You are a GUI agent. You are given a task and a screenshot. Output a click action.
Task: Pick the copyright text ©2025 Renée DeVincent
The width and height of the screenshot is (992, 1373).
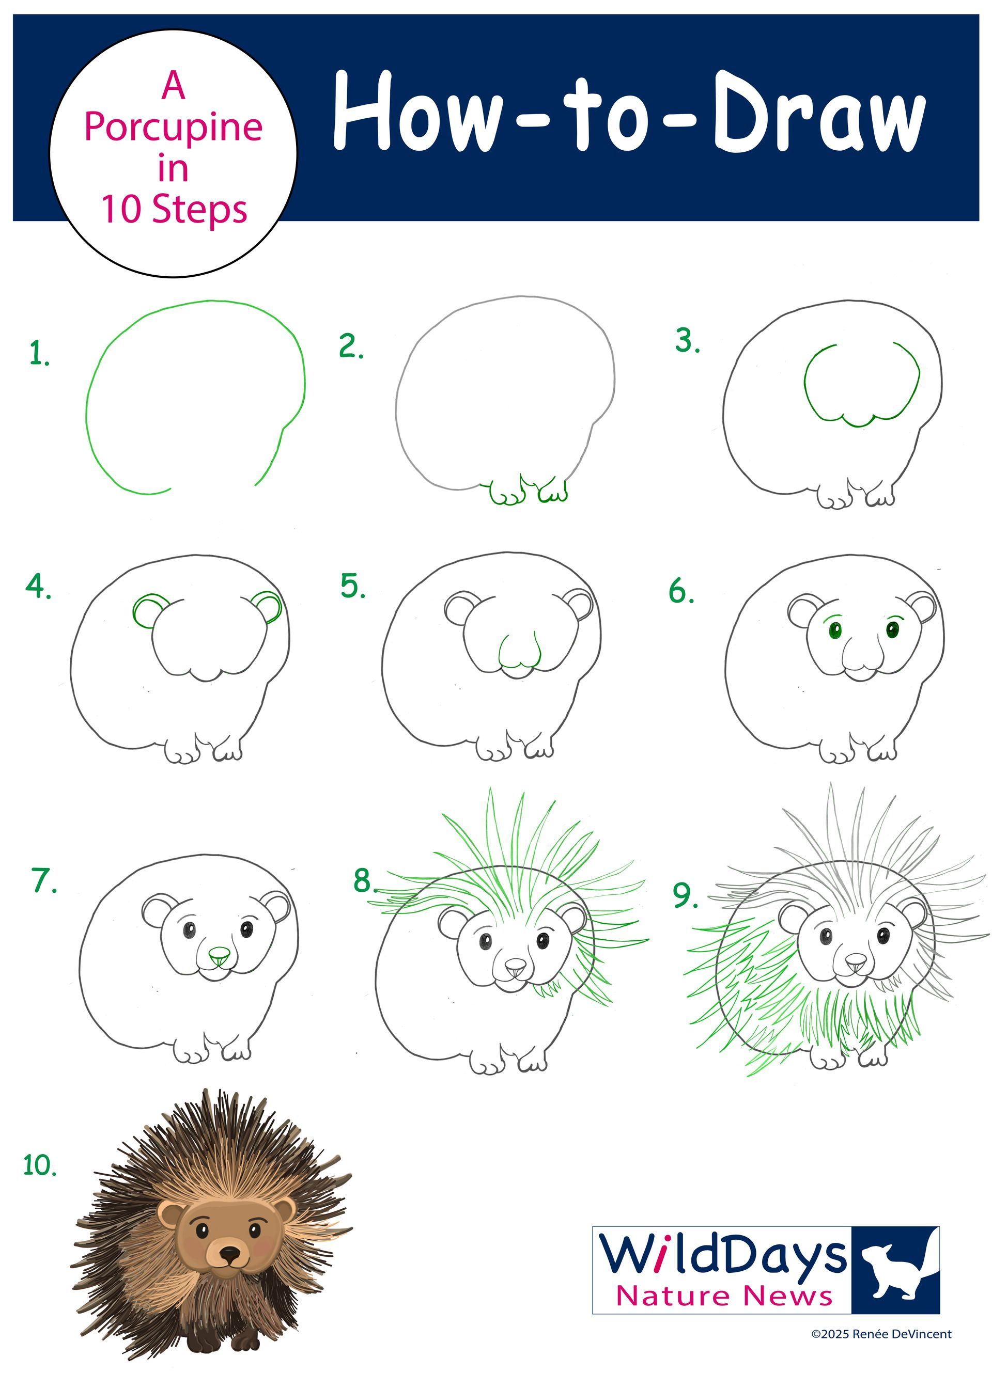(x=881, y=1334)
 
